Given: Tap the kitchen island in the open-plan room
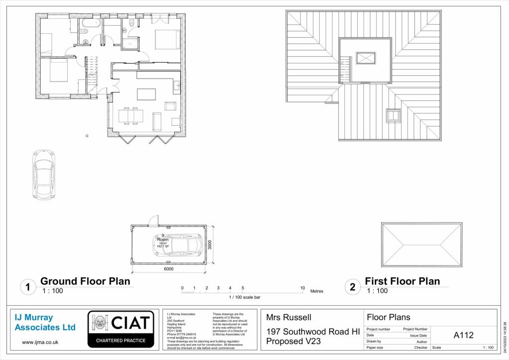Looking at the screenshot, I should click(146, 94).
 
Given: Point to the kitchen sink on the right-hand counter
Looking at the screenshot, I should click(177, 87).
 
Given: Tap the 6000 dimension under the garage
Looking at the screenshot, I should click(169, 269).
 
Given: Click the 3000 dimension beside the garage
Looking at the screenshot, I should click(210, 245).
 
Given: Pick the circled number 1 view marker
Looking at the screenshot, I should click(28, 287).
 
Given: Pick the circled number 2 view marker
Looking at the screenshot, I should click(353, 287).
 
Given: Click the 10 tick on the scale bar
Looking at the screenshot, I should click(302, 288).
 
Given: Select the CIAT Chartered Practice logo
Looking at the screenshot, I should click(120, 329).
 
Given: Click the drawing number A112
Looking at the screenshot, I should click(464, 335).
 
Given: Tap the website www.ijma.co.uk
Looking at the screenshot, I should click(40, 342).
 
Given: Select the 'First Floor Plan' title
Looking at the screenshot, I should click(402, 281).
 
